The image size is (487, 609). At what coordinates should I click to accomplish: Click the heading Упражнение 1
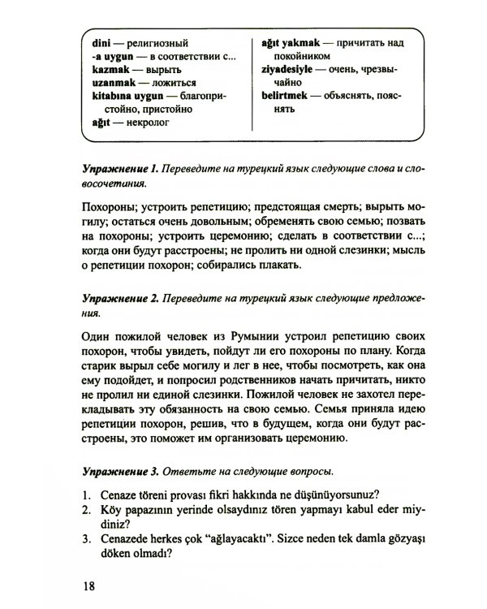click(x=119, y=168)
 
